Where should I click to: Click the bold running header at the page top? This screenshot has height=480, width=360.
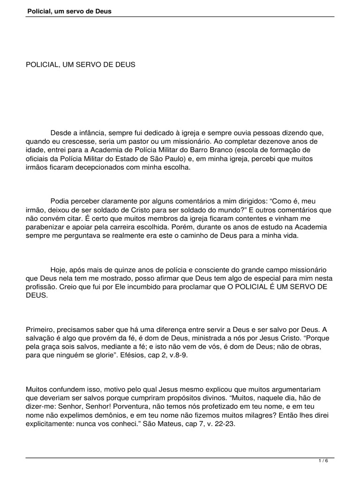(x=69, y=11)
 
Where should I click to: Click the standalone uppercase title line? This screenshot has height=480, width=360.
(x=80, y=65)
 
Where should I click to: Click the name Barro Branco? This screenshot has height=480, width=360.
(x=212, y=150)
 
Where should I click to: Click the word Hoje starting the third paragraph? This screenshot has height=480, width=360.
(x=59, y=270)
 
